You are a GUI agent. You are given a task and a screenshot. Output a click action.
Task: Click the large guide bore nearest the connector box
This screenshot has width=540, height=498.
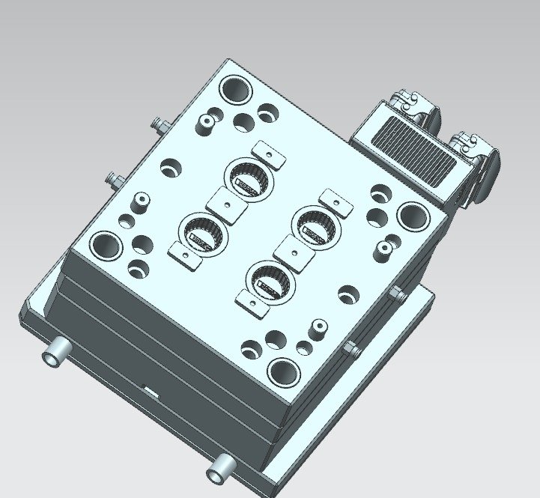[413, 216]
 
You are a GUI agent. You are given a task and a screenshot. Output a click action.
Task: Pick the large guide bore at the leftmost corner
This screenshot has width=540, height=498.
[105, 245]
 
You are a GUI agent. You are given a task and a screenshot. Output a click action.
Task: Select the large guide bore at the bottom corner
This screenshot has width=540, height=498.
[283, 370]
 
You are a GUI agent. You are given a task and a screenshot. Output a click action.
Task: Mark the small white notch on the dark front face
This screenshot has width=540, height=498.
[150, 391]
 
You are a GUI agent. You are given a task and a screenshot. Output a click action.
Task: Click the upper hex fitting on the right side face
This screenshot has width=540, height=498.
[397, 294]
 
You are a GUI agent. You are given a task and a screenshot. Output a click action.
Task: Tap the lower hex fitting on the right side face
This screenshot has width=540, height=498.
[349, 347]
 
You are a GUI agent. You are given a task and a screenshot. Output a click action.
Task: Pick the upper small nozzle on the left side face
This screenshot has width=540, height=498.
[156, 122]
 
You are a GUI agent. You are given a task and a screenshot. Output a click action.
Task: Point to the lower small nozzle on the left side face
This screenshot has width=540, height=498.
[115, 179]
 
